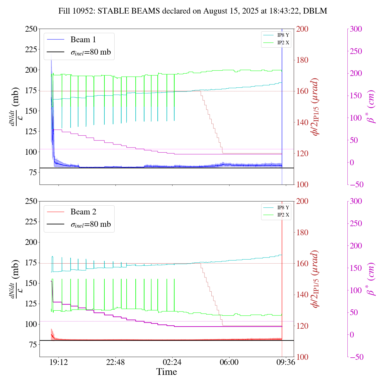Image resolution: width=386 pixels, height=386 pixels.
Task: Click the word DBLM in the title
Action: [315, 11]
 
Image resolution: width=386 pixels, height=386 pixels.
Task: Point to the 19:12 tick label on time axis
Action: [59, 362]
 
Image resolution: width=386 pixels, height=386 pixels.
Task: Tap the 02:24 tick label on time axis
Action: [172, 362]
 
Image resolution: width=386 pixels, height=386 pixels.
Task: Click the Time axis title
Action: [166, 372]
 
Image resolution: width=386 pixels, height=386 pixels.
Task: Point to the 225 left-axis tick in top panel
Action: [31, 49]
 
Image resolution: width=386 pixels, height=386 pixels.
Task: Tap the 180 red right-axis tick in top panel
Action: [302, 60]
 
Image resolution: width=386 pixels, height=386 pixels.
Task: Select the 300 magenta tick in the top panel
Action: [356, 29]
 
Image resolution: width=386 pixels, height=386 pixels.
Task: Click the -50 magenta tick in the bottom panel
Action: [356, 357]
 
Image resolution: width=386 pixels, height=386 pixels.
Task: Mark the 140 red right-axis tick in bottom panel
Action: [302, 295]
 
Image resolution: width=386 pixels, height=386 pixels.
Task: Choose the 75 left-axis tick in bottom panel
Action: [33, 345]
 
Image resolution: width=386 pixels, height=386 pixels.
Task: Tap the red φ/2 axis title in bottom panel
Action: [315, 279]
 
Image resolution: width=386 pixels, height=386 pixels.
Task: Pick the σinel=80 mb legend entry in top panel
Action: [90, 52]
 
